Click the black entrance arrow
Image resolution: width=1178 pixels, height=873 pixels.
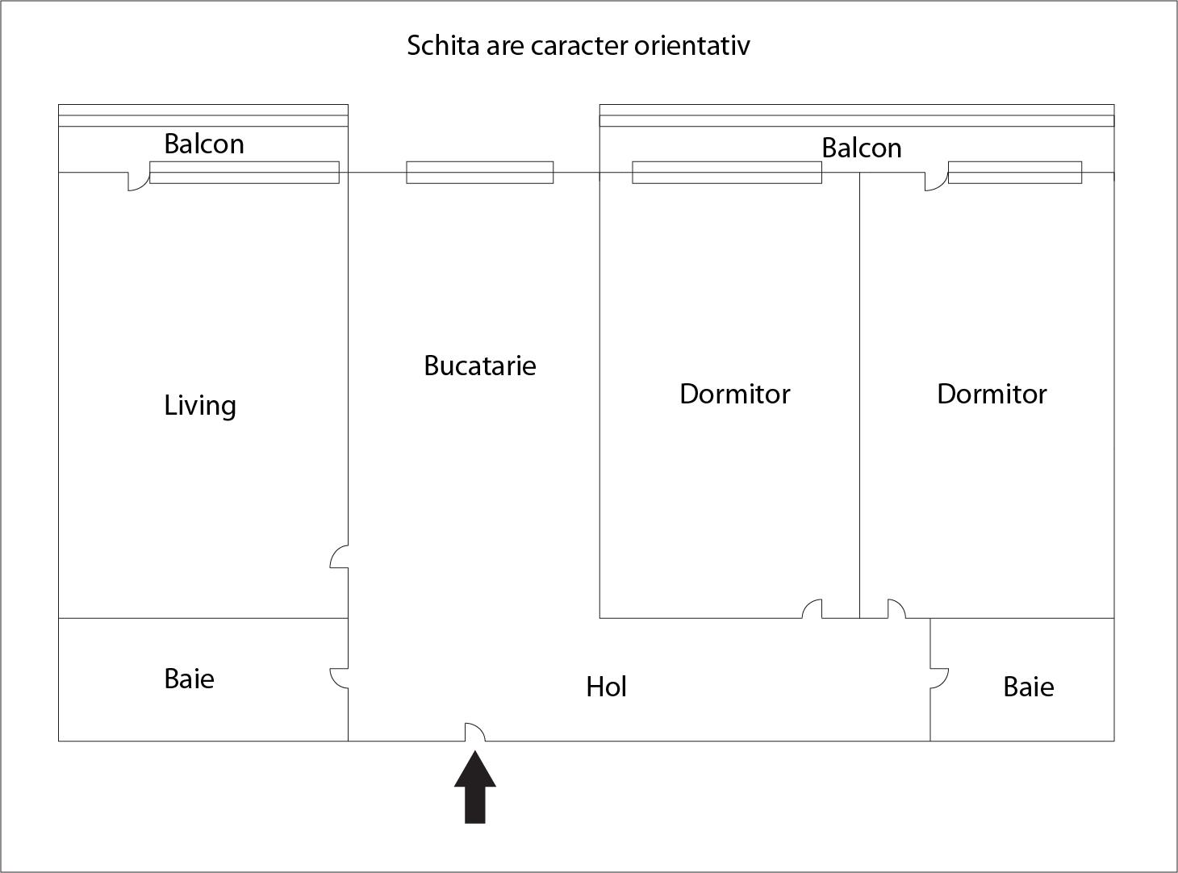tap(474, 787)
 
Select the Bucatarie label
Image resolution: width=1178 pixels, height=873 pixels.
tap(479, 365)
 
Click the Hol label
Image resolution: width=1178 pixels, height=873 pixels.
tap(606, 687)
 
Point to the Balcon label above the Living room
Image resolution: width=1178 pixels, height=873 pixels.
tap(204, 144)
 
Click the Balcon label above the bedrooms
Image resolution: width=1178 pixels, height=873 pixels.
tap(862, 148)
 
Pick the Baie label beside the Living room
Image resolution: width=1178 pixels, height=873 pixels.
tap(189, 679)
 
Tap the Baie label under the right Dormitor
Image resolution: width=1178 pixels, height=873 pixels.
tap(1028, 687)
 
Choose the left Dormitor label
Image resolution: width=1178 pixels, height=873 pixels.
tap(734, 394)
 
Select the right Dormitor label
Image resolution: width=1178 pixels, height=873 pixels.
tap(992, 394)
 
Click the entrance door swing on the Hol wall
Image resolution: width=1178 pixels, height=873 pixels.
tap(474, 732)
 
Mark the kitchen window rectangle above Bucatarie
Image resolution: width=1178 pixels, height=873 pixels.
tap(479, 172)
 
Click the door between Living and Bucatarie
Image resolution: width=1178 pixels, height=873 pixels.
tap(339, 557)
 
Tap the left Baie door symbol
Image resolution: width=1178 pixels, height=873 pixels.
tap(339, 678)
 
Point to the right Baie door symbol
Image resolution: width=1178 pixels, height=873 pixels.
tap(939, 679)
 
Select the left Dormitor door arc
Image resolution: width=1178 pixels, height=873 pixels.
tap(812, 609)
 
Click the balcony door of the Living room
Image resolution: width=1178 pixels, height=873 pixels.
tap(139, 182)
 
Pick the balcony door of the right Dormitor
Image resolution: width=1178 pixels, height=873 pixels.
tap(936, 182)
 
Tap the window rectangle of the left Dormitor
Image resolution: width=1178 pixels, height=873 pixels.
tap(726, 172)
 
